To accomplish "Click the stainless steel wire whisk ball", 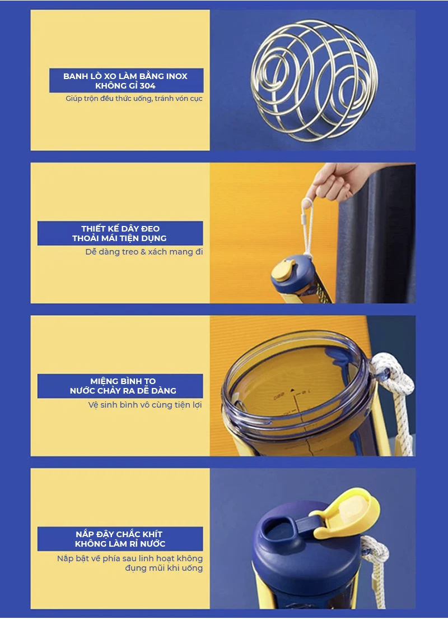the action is click(314, 81).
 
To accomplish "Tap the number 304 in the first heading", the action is click(147, 86).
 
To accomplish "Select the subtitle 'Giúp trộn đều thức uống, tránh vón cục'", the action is click(134, 99).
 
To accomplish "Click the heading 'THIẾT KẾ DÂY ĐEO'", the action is click(120, 229).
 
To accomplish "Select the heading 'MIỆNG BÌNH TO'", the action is click(123, 381).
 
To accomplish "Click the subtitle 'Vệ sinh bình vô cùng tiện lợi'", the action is click(145, 405).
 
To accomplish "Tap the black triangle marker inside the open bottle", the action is click(292, 390).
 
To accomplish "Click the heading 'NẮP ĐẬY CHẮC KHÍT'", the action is click(119, 534).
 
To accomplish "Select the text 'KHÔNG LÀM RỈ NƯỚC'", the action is click(120, 544).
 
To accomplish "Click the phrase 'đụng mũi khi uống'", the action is click(164, 569).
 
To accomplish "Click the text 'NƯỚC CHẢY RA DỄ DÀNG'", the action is click(123, 391).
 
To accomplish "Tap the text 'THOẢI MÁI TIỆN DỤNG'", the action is click(119, 238).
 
